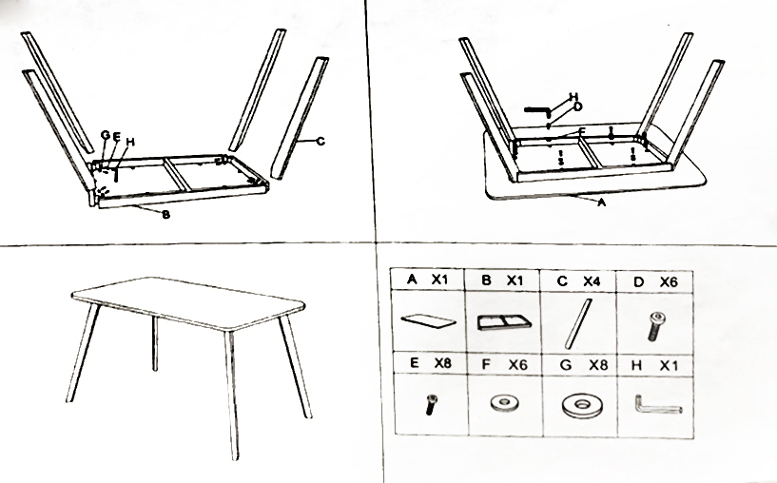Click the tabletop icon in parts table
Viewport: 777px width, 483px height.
[428, 321]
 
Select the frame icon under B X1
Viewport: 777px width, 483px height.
[504, 322]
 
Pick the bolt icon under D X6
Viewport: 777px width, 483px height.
[656, 326]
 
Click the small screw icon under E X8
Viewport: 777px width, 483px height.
[432, 404]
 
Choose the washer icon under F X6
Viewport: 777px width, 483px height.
[505, 403]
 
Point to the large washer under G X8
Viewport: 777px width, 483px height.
[581, 407]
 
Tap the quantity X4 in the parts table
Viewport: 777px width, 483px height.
[592, 281]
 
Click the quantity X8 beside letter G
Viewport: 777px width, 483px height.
[598, 366]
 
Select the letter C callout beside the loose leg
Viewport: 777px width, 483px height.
[321, 141]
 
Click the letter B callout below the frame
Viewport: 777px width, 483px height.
[166, 215]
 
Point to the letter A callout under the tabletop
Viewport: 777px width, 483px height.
[602, 203]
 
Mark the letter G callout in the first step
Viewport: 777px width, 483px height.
[106, 135]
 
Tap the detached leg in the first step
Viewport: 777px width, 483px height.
[300, 118]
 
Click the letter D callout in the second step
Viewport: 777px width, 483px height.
[577, 107]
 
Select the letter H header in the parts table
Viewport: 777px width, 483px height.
[637, 366]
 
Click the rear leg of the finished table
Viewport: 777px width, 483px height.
[155, 343]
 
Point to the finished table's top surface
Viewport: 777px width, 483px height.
[187, 301]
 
